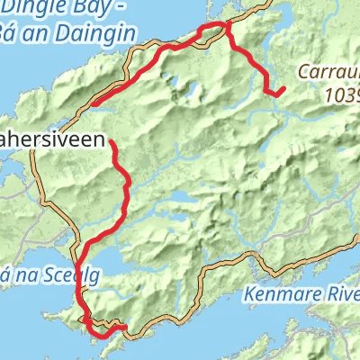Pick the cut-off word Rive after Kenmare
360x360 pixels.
point(339,292)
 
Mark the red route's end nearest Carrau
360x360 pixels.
point(283,88)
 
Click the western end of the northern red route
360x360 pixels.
point(93,103)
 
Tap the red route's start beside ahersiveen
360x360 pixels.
point(112,142)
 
